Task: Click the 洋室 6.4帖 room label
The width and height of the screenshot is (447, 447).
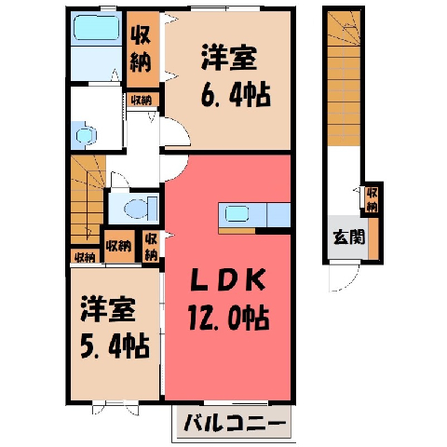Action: [x=236, y=75]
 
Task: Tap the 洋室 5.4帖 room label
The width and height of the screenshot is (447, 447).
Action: [x=114, y=328]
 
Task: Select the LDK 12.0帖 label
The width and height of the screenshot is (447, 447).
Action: [x=228, y=299]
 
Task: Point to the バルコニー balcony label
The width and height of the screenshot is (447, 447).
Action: [x=235, y=423]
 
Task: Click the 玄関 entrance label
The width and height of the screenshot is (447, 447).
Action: [x=348, y=237]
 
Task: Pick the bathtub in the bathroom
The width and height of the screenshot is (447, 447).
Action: [x=96, y=28]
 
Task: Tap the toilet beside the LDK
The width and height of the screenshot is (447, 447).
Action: [x=141, y=208]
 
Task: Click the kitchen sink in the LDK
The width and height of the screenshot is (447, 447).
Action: [x=237, y=214]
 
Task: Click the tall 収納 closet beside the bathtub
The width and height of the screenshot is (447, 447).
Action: [x=142, y=49]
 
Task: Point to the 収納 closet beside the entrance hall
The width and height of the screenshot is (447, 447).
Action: [x=372, y=199]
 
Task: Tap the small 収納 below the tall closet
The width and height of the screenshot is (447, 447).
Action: [x=142, y=100]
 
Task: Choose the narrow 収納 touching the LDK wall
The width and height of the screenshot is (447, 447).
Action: [x=151, y=247]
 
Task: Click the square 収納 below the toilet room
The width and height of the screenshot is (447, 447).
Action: [x=119, y=246]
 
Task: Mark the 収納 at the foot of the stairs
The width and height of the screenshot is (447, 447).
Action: [x=85, y=257]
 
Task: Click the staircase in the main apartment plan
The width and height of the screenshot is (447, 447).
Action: [x=88, y=199]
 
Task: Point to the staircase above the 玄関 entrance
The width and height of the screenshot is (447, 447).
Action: [x=344, y=78]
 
